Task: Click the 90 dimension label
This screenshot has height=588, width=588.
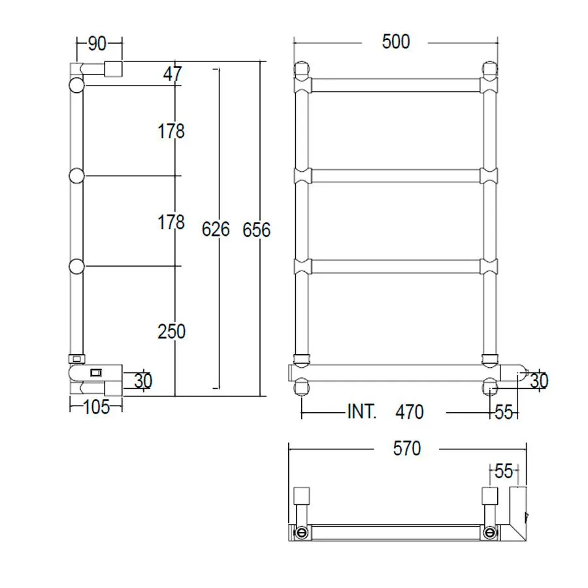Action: [97, 44]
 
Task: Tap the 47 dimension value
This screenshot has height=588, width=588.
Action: [172, 74]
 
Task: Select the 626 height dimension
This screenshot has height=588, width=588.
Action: [216, 229]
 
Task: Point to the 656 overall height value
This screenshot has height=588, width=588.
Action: [257, 230]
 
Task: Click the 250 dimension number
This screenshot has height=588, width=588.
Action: [171, 331]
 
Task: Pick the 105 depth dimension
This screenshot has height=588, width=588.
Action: [97, 407]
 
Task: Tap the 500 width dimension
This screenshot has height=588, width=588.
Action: [396, 42]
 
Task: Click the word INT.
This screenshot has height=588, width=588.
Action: [361, 412]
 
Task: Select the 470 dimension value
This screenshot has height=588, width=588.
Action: [410, 412]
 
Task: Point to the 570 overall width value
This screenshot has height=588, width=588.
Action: [407, 448]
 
